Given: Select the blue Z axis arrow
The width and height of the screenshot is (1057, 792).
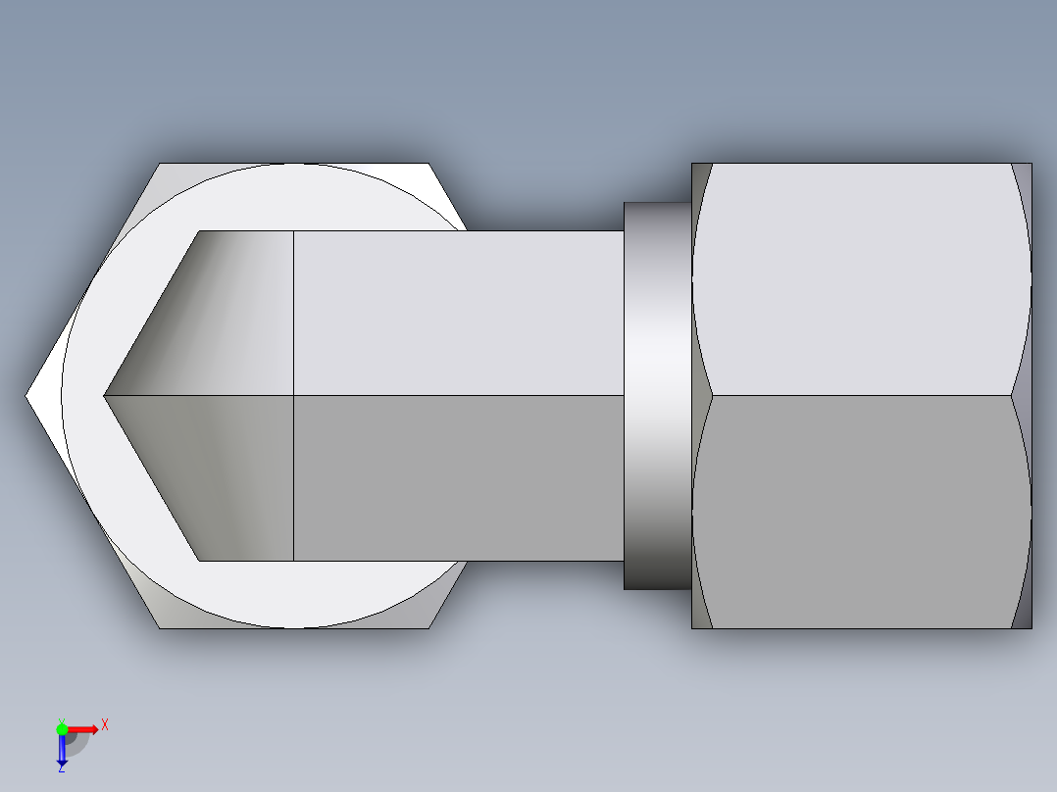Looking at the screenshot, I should coord(62,750).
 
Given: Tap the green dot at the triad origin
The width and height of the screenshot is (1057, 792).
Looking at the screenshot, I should coord(62,728).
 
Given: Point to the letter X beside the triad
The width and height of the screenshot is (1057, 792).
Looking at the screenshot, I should coord(104,724).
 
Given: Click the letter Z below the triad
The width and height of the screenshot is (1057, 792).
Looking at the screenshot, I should coord(61,768).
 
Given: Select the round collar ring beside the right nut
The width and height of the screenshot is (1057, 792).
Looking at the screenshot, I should coord(657,395).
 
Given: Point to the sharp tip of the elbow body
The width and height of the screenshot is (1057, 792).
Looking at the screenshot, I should coord(106,395).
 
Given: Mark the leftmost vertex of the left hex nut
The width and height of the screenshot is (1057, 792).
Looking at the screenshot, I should coord(27,395).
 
